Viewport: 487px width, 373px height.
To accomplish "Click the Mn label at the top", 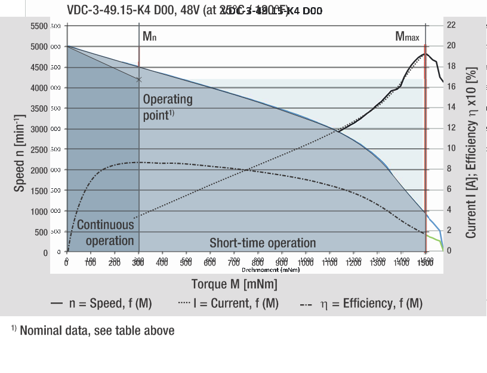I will [149, 36].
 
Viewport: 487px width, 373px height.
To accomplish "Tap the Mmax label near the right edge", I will [407, 36].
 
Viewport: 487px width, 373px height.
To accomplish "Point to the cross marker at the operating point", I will [139, 79].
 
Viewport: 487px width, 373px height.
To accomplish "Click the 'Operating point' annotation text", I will [167, 106].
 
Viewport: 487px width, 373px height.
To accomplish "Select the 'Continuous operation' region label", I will [106, 233].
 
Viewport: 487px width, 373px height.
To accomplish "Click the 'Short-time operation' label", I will [263, 243].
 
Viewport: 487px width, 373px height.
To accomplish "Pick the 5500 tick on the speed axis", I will [38, 26].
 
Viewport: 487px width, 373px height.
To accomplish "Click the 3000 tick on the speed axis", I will [38, 129].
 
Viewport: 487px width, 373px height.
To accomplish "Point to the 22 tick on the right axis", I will [451, 25].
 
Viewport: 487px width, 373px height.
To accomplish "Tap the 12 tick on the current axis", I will [451, 127].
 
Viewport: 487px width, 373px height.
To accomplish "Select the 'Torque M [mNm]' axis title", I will [235, 284].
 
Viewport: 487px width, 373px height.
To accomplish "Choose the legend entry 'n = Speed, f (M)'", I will [101, 304].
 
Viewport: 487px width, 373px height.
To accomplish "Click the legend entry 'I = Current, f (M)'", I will [229, 304].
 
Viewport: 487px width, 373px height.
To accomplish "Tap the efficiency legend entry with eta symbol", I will [361, 304].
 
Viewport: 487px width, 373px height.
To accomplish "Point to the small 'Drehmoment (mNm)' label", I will [279, 270].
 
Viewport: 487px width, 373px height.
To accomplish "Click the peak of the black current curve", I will [424, 54].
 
